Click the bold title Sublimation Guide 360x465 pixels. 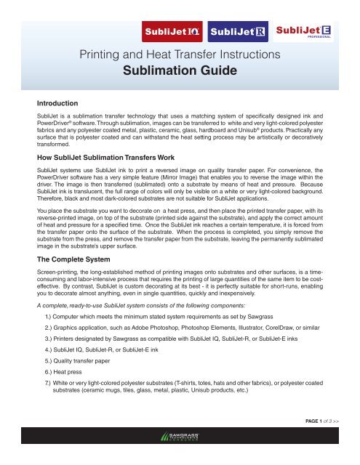pyautogui.click(x=180, y=73)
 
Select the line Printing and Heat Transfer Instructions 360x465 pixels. pyautogui.click(x=180, y=55)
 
